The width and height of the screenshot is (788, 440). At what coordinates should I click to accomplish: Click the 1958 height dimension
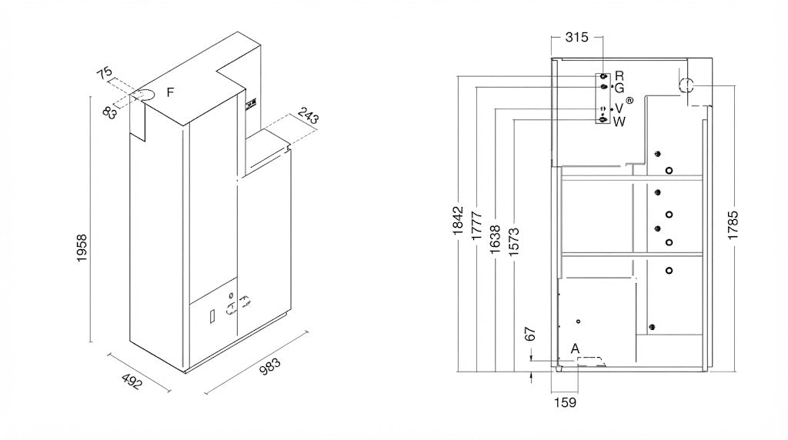click(x=82, y=248)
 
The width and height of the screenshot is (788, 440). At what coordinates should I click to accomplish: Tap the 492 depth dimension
click(x=132, y=382)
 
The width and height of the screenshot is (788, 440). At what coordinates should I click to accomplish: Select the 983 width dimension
click(x=270, y=367)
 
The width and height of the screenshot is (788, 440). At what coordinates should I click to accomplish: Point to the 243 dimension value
click(x=308, y=116)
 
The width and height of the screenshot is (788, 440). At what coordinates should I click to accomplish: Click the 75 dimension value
click(x=105, y=73)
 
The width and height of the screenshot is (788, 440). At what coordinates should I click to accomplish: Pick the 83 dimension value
click(x=110, y=112)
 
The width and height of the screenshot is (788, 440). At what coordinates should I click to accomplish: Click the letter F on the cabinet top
click(x=170, y=92)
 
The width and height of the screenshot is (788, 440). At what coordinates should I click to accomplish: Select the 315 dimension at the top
click(x=576, y=37)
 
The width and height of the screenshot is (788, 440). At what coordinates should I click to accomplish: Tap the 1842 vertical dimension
click(x=457, y=221)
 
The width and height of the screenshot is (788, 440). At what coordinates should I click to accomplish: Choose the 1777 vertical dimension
click(x=476, y=226)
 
